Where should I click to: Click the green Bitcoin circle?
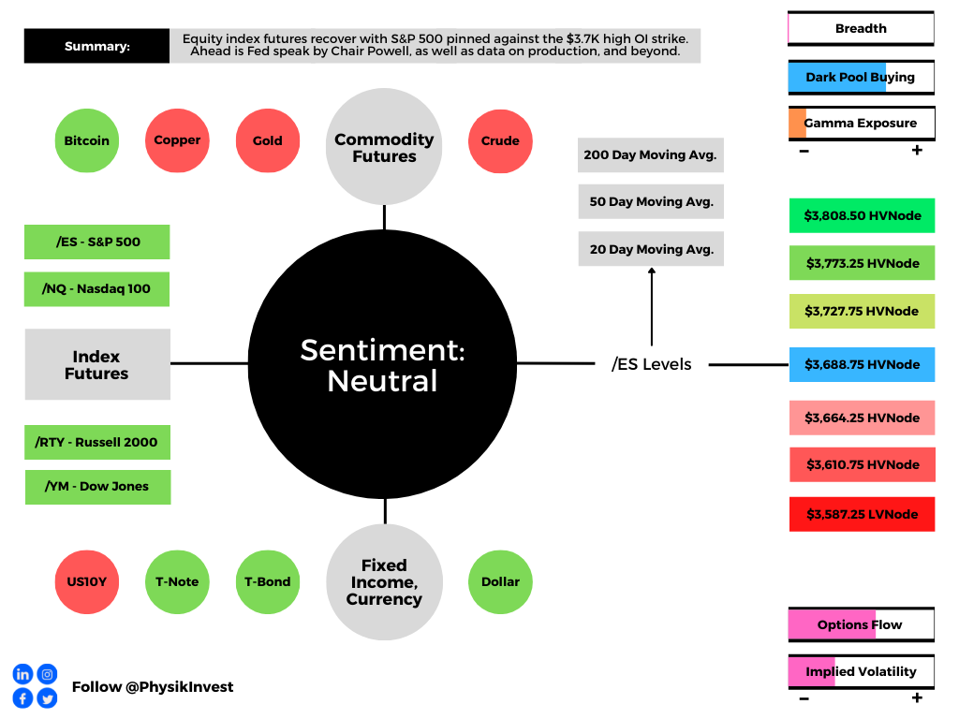[87, 140]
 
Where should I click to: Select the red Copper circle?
[177, 140]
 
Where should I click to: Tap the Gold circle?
[268, 140]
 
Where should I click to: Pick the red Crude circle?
[500, 141]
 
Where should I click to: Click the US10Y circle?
[87, 582]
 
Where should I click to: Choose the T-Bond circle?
[268, 582]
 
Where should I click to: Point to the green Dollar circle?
[500, 582]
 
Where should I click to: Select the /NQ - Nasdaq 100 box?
[96, 289]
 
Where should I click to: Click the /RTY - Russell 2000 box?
[97, 442]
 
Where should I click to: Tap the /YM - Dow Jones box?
[97, 487]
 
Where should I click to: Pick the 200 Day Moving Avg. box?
[651, 155]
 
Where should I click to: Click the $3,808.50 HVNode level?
[862, 216]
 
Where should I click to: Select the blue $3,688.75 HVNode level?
[862, 364]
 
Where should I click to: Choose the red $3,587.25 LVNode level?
[862, 514]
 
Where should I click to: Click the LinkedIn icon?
[22, 674]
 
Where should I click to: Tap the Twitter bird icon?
[47, 698]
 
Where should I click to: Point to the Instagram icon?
[47, 674]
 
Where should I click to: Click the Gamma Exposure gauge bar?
[862, 124]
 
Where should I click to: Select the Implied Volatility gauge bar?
[862, 672]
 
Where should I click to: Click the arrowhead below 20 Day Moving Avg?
[652, 271]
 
